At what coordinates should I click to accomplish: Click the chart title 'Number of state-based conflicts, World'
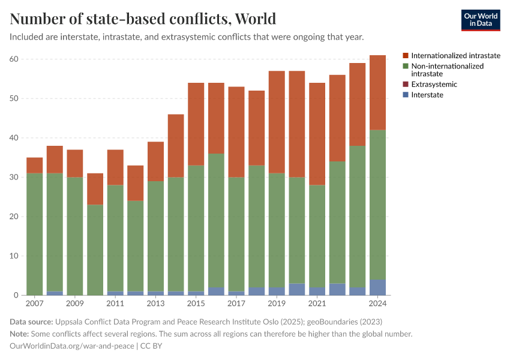coord(143,19)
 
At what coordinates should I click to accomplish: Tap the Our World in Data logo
coord(481,20)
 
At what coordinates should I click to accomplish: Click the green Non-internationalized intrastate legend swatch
coord(406,66)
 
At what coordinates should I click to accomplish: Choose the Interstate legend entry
coord(427,95)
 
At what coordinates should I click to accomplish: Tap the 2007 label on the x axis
coord(35,304)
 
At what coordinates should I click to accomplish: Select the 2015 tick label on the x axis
coord(196,304)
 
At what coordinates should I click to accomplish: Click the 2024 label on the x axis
coord(378,304)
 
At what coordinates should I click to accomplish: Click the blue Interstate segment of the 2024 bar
coord(378,287)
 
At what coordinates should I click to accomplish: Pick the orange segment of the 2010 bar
coord(95,189)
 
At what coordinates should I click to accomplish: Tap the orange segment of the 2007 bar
coord(35,165)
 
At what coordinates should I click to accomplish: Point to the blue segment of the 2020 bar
coord(297,289)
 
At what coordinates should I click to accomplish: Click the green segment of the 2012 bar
coord(136,246)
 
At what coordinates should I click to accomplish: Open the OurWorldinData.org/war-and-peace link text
coord(71,346)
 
